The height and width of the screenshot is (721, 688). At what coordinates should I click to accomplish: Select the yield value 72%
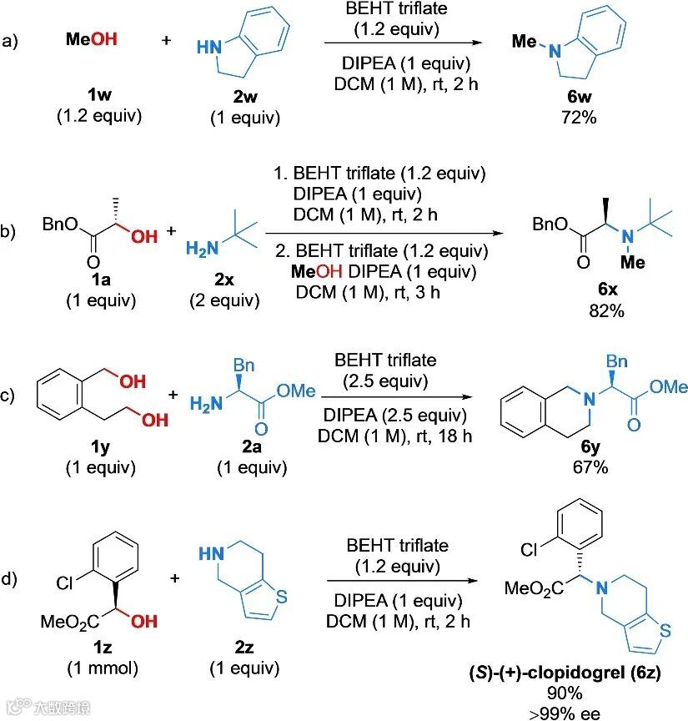[x=580, y=117]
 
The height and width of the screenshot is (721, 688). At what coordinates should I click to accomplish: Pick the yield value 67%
[x=589, y=466]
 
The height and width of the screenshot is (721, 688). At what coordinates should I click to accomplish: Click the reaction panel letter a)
[x=11, y=39]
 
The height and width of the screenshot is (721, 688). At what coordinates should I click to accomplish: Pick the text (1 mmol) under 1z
[x=101, y=668]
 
